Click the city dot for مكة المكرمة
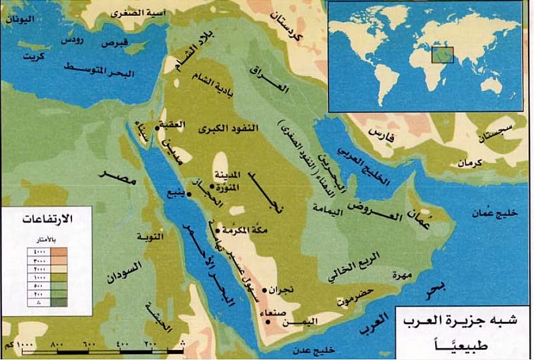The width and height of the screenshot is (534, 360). click(x=218, y=230)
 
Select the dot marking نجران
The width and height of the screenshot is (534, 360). click(x=265, y=291)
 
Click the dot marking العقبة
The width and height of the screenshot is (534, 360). click(x=157, y=126)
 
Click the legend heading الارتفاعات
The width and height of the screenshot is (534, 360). click(x=48, y=220)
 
